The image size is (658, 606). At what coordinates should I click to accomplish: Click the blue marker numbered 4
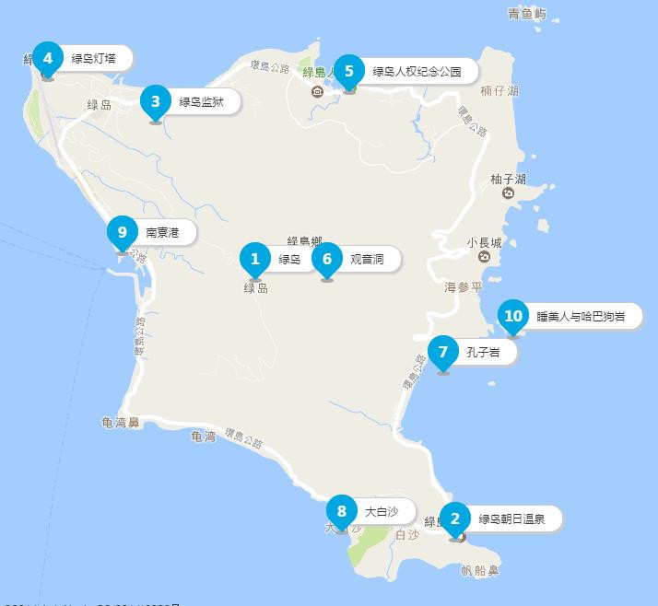(47, 58)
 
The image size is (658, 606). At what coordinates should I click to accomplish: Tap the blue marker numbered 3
(156, 102)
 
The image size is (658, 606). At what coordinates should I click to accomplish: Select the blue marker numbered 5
(349, 71)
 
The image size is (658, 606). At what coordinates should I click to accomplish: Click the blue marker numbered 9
(122, 232)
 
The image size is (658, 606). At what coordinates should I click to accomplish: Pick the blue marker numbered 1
(255, 260)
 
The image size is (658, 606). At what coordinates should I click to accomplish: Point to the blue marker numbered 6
(327, 260)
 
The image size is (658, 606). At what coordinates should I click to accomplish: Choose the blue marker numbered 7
(443, 352)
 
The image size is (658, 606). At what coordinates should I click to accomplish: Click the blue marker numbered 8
(342, 511)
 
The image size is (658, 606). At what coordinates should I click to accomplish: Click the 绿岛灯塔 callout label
(94, 58)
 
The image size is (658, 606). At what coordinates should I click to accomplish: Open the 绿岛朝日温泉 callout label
(511, 519)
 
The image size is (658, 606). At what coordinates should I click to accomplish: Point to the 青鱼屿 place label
(527, 14)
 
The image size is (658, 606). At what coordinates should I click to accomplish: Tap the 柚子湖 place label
(508, 179)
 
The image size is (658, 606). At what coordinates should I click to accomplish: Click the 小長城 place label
(484, 244)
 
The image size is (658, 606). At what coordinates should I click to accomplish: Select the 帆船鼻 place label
(479, 571)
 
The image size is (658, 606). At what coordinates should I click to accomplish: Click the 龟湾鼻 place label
(121, 423)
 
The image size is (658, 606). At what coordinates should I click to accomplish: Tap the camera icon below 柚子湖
(508, 193)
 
